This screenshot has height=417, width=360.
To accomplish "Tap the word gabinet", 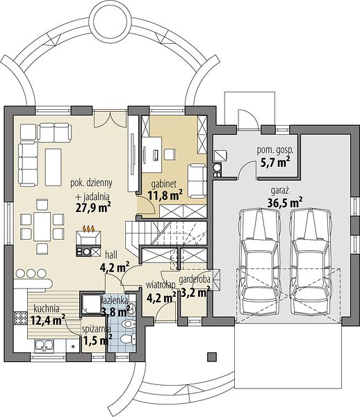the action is pos(164,184).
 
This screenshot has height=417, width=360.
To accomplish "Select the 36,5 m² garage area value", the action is pos(285,203).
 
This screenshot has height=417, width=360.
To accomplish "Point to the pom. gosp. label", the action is pos(275,150).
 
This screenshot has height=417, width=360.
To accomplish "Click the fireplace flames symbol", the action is pos(88,229).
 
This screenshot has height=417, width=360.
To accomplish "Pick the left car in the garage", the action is pos(259,262).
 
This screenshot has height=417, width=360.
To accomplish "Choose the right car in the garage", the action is pos(311,262).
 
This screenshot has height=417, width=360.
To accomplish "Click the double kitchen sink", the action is pos(44,345).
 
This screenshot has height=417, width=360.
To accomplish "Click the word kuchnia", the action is pos(47,309).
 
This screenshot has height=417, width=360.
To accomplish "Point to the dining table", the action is pos(42,227).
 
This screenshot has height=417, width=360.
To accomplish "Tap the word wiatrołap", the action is pos(161,284).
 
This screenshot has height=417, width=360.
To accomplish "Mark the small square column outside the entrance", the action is pos(212,357).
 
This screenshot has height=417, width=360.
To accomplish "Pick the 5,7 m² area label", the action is pos(275,162).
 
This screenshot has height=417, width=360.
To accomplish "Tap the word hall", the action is pos(111,255).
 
